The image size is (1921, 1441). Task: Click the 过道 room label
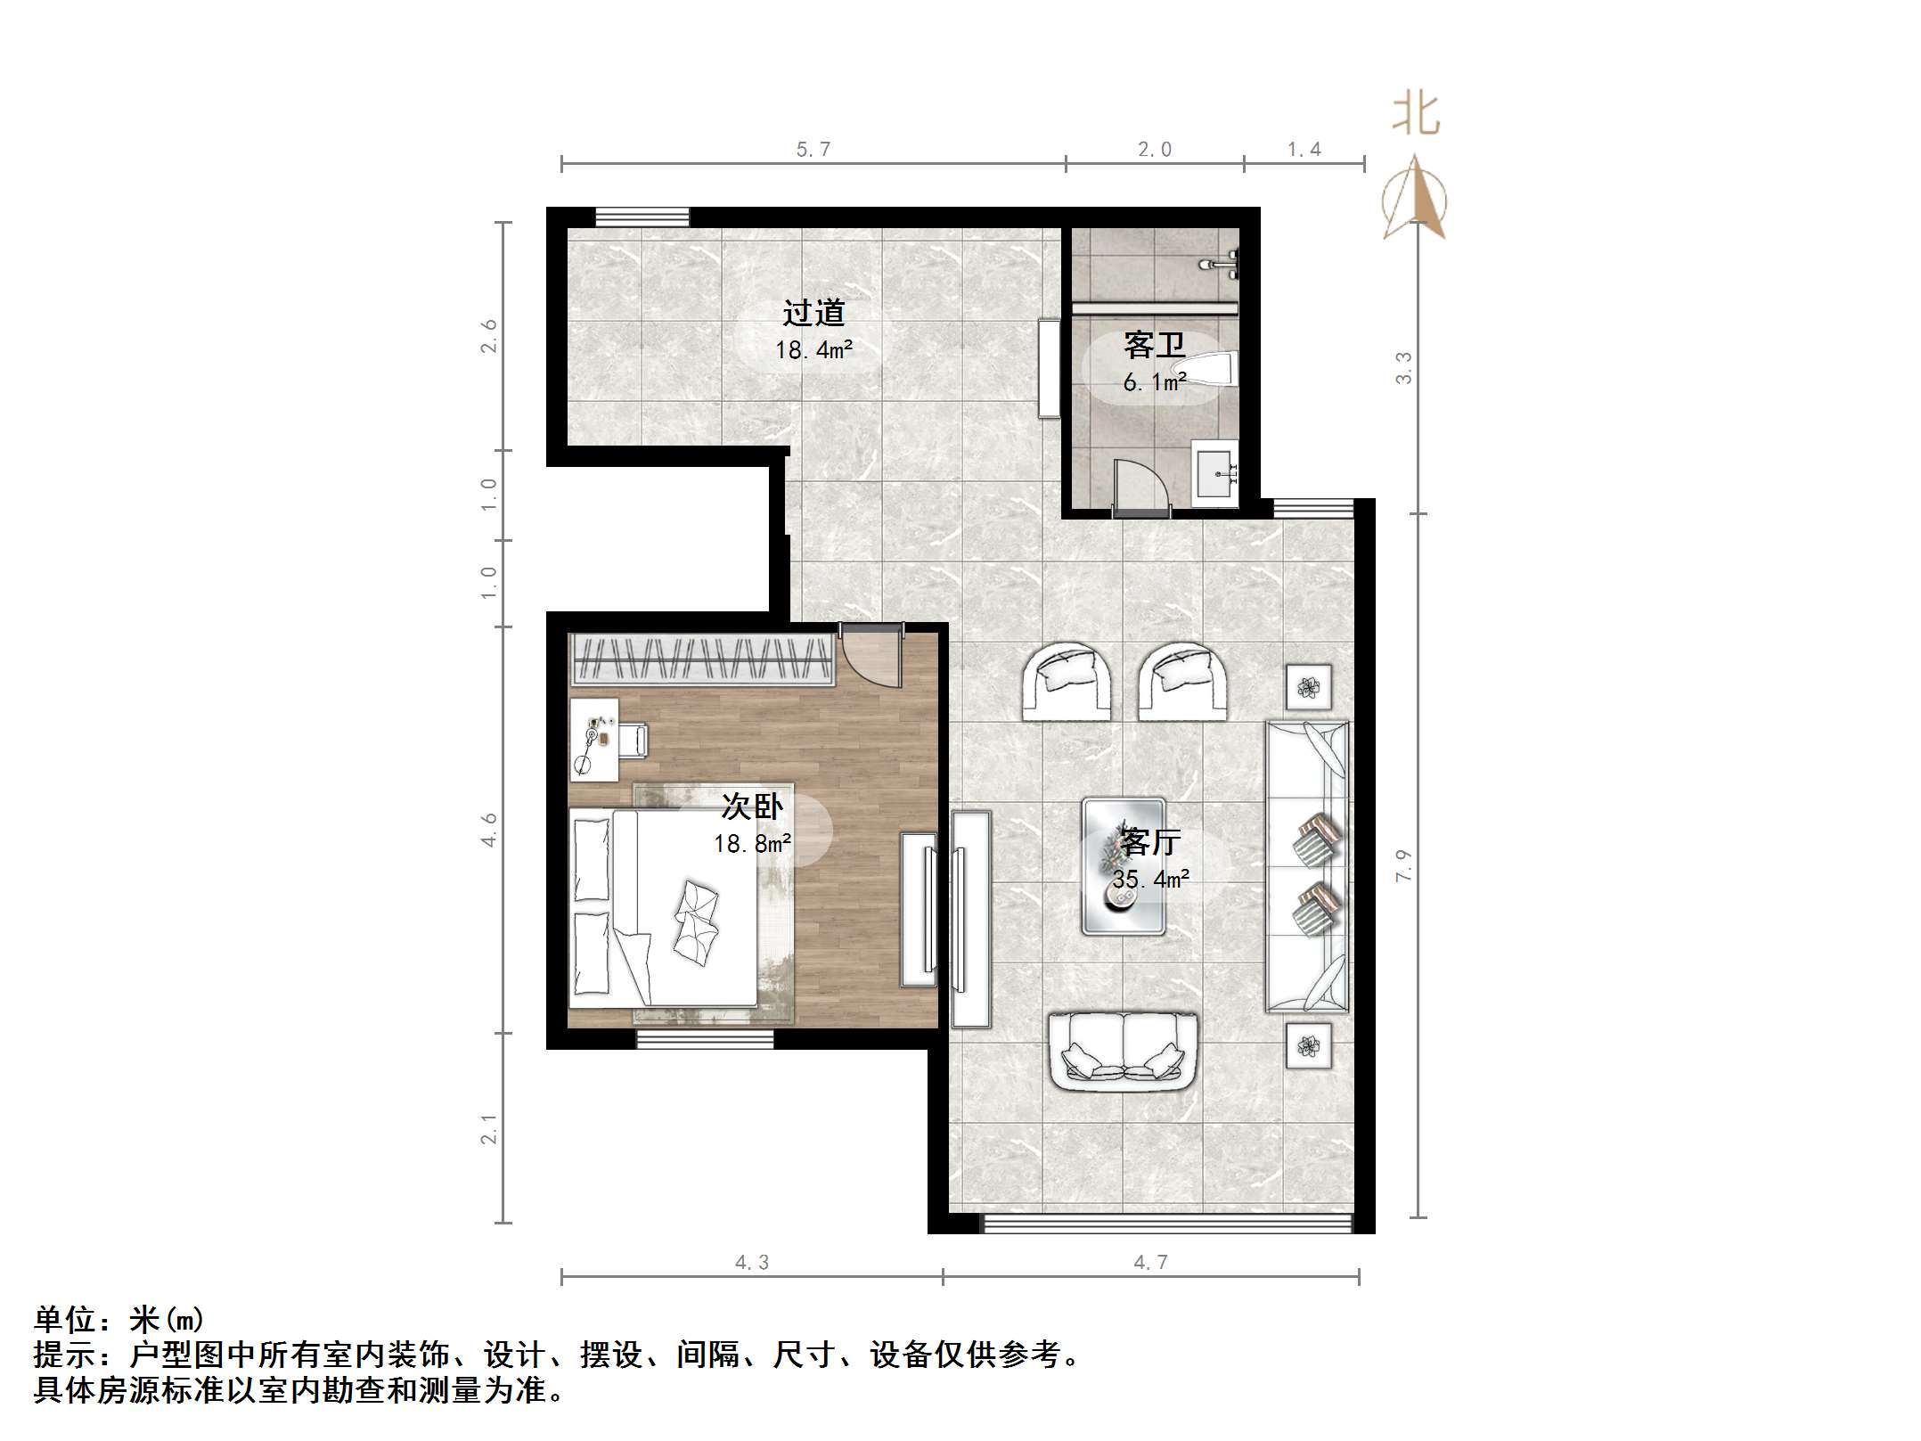tap(813, 313)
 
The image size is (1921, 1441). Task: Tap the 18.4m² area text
tap(813, 350)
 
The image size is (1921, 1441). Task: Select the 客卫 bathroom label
tap(1154, 345)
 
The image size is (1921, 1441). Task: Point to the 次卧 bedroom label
tap(752, 806)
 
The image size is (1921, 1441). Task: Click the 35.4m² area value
tap(1150, 880)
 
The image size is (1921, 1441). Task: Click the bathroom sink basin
tap(1215, 472)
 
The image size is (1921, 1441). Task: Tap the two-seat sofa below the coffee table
tap(1123, 1051)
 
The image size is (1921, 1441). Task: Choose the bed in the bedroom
tap(664, 907)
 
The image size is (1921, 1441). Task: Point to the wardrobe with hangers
tap(701, 659)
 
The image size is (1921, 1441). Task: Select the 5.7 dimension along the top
tap(813, 150)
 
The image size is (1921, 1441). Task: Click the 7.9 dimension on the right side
tap(1403, 865)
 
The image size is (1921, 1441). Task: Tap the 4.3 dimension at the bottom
tap(751, 1262)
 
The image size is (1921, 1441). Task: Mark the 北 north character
tap(1416, 114)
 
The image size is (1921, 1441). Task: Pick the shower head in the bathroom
tap(1221, 265)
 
